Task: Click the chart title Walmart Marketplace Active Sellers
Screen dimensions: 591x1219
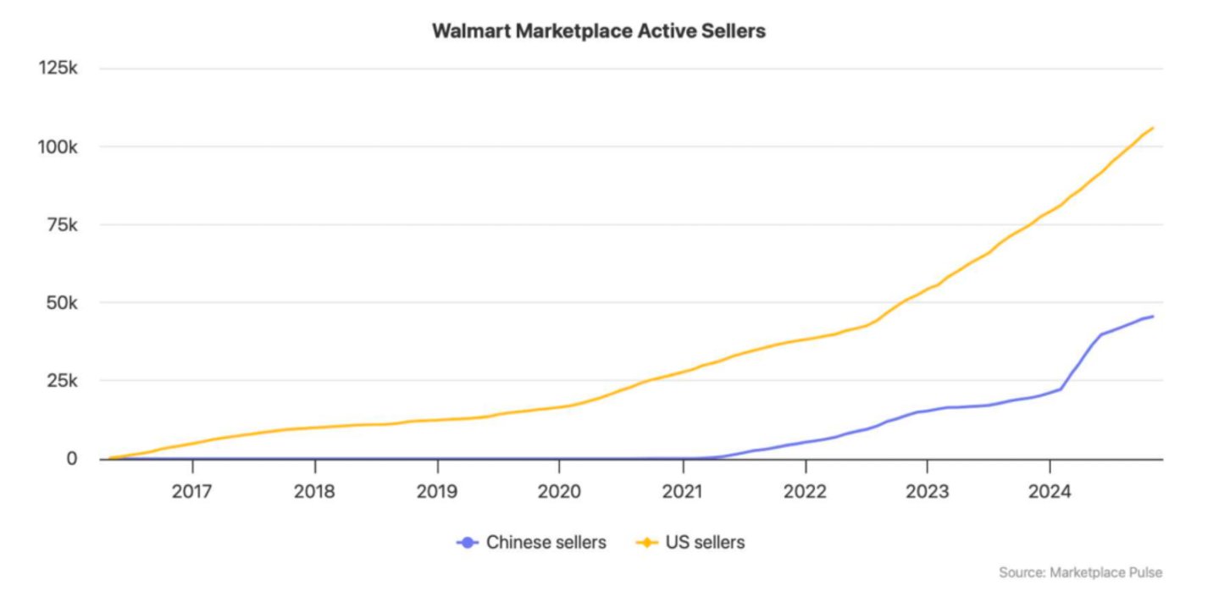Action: pyautogui.click(x=598, y=31)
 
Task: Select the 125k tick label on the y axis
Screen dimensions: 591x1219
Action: pyautogui.click(x=58, y=69)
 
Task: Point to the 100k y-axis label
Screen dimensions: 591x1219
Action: pyautogui.click(x=58, y=146)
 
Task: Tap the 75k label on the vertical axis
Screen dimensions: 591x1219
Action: pyautogui.click(x=62, y=224)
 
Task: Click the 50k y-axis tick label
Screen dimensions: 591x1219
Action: pyautogui.click(x=62, y=302)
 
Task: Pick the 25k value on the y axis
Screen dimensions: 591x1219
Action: pyautogui.click(x=62, y=380)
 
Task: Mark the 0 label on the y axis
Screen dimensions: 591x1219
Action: pyautogui.click(x=72, y=458)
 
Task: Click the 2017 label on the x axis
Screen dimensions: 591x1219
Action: pyautogui.click(x=192, y=490)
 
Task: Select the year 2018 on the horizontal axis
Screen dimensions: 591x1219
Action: pyautogui.click(x=314, y=490)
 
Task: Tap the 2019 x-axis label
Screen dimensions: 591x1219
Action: pyautogui.click(x=437, y=490)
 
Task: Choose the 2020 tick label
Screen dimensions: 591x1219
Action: pyautogui.click(x=559, y=490)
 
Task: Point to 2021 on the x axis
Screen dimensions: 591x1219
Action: pyautogui.click(x=683, y=490)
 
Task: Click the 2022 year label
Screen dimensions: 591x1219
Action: pyautogui.click(x=805, y=490)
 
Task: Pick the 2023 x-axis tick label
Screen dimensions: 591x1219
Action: pyautogui.click(x=927, y=490)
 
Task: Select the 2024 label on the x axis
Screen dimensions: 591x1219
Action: pyautogui.click(x=1050, y=490)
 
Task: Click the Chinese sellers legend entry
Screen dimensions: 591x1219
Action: pyautogui.click(x=532, y=542)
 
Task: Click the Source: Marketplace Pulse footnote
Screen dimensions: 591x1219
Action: pyautogui.click(x=1080, y=572)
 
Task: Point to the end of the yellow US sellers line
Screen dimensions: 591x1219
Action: pyautogui.click(x=1153, y=128)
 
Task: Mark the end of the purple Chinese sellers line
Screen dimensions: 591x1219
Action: pyautogui.click(x=1153, y=316)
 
